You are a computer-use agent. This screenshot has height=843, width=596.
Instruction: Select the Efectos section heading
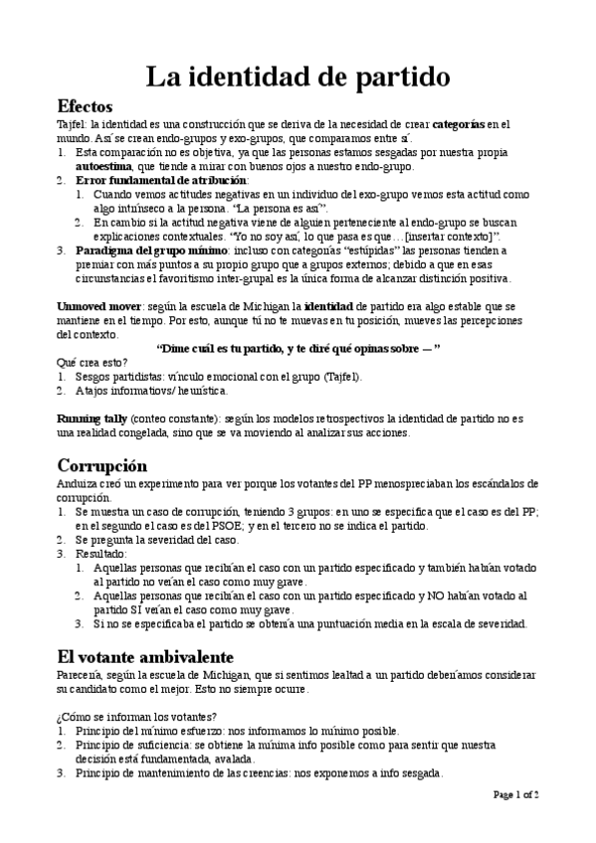[x=86, y=105]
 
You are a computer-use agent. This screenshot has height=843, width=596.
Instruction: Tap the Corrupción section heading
[x=102, y=465]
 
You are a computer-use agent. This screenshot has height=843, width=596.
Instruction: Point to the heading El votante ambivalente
[x=145, y=657]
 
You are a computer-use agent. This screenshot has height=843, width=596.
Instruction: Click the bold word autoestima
[x=105, y=167]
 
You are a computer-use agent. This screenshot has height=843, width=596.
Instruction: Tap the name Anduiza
[x=79, y=484]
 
